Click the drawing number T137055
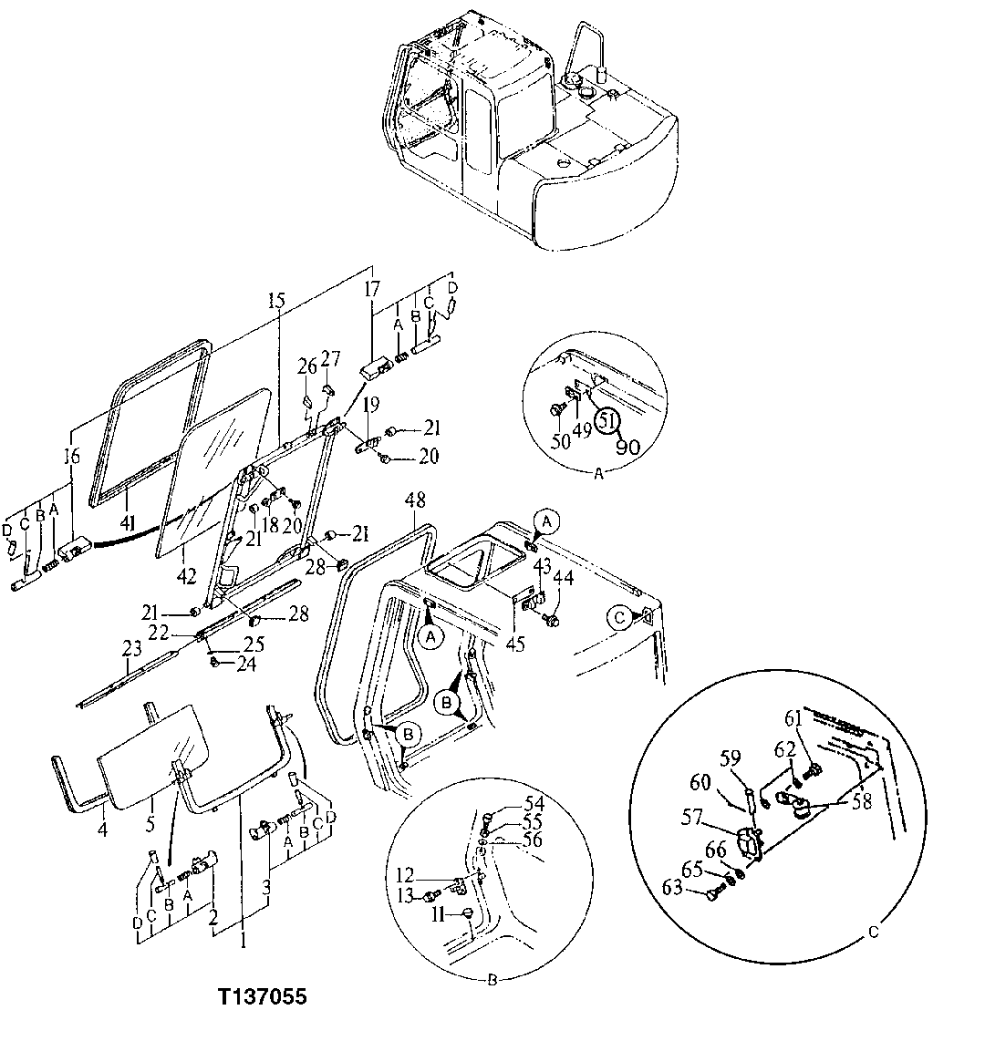click(x=262, y=998)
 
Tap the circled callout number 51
click(x=607, y=422)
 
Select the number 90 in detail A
click(x=627, y=448)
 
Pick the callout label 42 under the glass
click(x=185, y=575)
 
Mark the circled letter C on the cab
click(x=620, y=617)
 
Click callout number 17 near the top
click(x=371, y=291)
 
